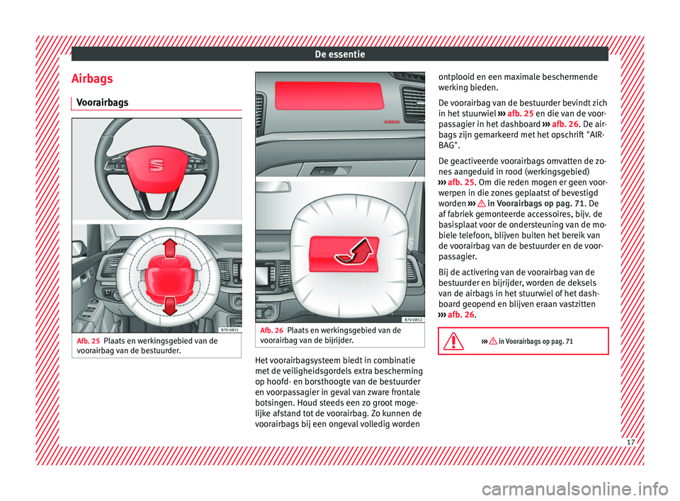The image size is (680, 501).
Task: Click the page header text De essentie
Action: tap(339, 53)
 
